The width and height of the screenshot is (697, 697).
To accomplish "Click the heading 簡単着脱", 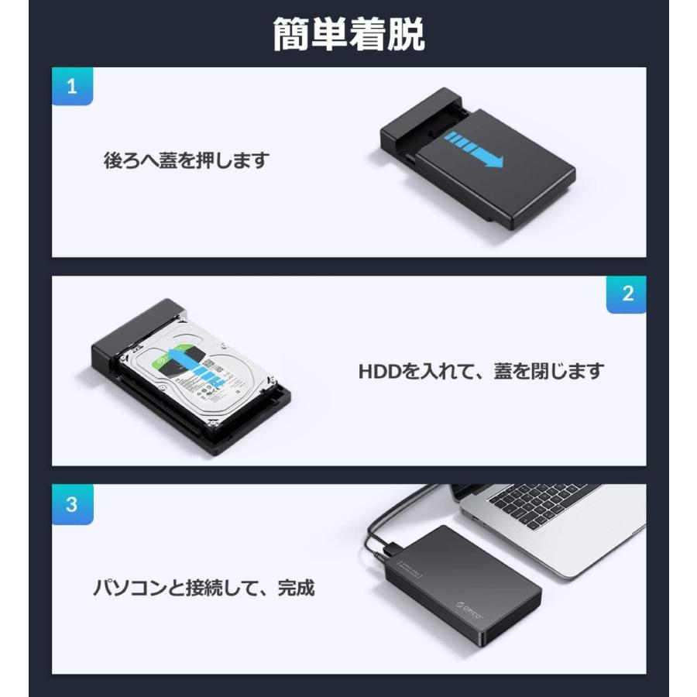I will (x=348, y=35).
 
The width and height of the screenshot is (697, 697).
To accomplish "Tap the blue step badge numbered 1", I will (x=72, y=86).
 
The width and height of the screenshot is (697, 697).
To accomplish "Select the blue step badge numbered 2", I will (x=626, y=294).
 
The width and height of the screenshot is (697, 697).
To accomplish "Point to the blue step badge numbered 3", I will (x=72, y=504).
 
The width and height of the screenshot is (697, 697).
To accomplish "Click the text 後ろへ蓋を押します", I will (x=186, y=161).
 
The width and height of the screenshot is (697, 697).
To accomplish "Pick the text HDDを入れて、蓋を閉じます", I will (x=480, y=371).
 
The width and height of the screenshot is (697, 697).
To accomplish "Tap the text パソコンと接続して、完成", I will (x=204, y=588).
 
